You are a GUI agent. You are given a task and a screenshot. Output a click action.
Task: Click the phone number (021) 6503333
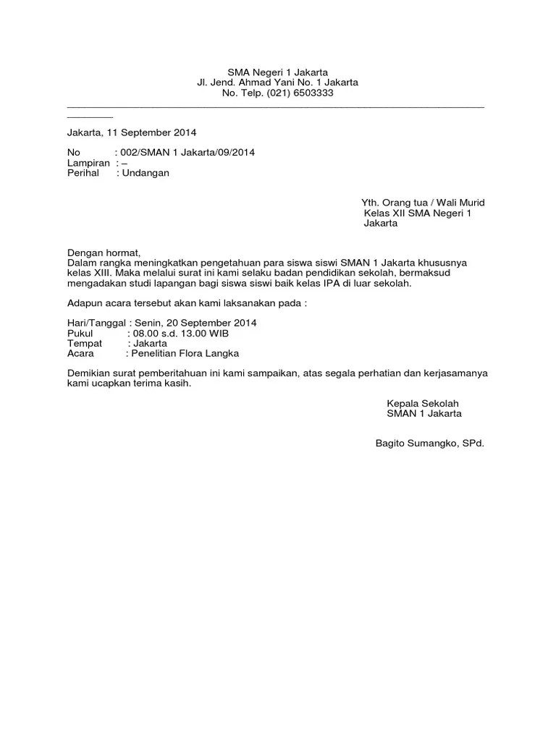tap(300, 93)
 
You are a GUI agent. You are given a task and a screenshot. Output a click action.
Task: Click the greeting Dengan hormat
tap(101, 253)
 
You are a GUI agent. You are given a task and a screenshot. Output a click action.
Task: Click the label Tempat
tap(84, 343)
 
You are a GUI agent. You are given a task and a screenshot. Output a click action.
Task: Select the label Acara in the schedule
tap(81, 354)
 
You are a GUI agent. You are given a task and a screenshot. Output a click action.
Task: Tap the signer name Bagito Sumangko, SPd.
tap(429, 443)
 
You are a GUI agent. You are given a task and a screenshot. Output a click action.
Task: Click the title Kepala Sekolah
tap(423, 403)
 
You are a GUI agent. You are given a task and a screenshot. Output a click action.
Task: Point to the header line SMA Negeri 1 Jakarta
tap(278, 72)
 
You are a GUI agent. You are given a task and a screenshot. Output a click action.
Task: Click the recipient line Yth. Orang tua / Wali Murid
tap(423, 203)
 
